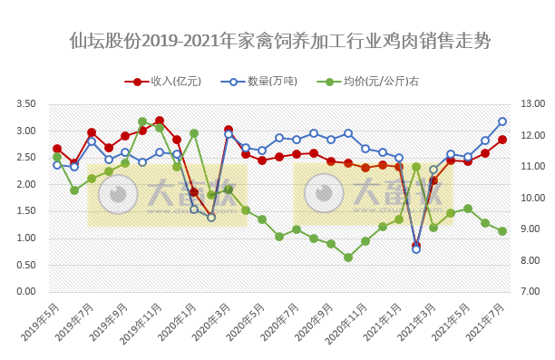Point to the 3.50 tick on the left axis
point(25,104)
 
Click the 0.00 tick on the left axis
point(25,292)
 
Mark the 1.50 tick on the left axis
point(25,211)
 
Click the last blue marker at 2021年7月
point(501,122)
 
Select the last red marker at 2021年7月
point(501,140)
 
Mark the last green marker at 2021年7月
point(501,231)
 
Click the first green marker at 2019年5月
point(57,158)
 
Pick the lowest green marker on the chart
point(348,258)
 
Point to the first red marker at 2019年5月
point(57,149)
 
